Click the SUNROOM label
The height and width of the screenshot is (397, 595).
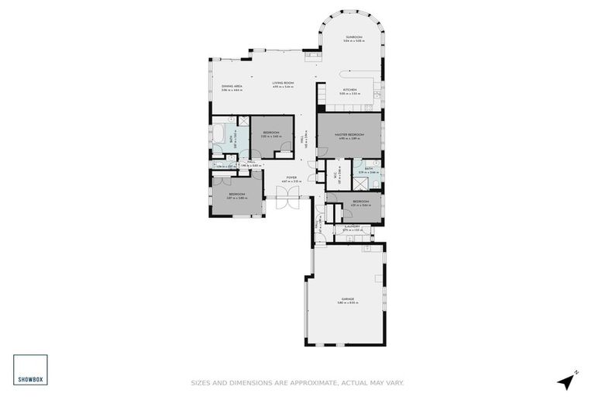click(x=353, y=36)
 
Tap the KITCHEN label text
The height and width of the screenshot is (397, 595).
click(x=349, y=90)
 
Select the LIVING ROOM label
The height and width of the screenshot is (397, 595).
click(x=283, y=83)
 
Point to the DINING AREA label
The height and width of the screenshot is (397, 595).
click(x=232, y=86)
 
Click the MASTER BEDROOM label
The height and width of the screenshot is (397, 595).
click(x=349, y=134)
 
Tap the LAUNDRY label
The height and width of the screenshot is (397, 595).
click(x=353, y=227)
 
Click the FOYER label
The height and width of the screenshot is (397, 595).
click(x=291, y=178)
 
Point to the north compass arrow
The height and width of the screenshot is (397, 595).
click(x=572, y=379)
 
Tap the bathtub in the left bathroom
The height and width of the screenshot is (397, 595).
click(x=221, y=139)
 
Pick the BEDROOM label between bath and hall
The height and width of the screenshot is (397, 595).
click(x=271, y=133)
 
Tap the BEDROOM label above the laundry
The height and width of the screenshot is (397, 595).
click(x=361, y=202)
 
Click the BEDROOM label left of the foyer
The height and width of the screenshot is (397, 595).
click(x=236, y=194)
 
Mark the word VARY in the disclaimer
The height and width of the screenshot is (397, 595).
click(x=394, y=381)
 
